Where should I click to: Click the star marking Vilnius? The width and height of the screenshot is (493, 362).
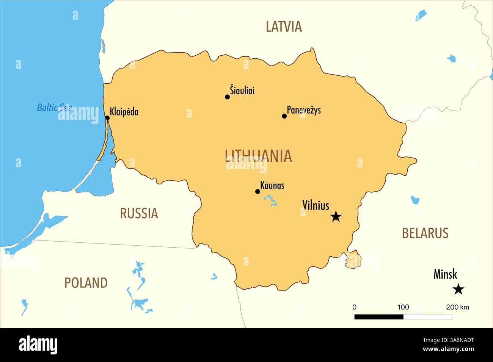tap(336, 217)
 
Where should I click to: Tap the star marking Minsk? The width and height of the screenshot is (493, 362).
tap(458, 290)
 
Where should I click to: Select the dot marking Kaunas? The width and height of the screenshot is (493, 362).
tap(257, 192)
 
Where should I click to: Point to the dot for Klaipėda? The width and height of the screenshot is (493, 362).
tap(107, 118)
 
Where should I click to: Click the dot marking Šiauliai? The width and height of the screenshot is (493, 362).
tap(228, 97)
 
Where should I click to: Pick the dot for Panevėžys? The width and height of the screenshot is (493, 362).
tap(284, 116)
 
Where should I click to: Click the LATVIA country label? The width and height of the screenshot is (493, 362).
tap(284, 27)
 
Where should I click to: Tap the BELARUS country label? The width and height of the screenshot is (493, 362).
tap(425, 233)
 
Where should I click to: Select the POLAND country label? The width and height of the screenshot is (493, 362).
tap(86, 283)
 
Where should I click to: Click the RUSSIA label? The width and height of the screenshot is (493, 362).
tap(139, 214)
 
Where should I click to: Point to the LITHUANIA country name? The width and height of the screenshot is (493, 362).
tap(258, 156)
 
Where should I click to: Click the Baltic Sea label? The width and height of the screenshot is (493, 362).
tap(55, 108)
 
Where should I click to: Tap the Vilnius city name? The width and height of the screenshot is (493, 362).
tap(316, 205)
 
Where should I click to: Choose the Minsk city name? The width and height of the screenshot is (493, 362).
tap(445, 274)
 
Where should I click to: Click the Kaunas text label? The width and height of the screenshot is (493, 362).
tap(272, 186)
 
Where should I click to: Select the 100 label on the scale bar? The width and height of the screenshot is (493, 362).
tap(403, 307)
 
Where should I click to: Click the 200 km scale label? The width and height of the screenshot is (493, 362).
tap(457, 307)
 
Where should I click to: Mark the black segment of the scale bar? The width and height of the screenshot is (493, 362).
tap(378, 317)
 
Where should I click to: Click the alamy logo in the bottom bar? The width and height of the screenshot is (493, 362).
tap(38, 345)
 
